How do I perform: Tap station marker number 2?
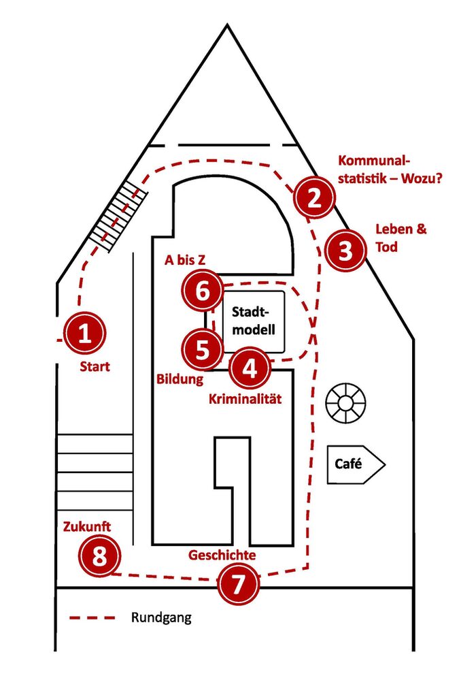(x=314, y=197)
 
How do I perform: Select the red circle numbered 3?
(x=345, y=250)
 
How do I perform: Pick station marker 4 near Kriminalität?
(x=250, y=368)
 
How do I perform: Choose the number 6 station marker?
(x=202, y=291)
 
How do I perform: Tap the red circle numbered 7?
(x=238, y=584)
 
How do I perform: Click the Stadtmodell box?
(x=253, y=321)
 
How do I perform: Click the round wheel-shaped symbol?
(x=345, y=403)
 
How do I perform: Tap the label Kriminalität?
(x=245, y=399)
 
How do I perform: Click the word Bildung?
(x=180, y=379)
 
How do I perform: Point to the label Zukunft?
(x=87, y=526)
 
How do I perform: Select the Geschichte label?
(x=222, y=555)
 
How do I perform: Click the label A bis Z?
(x=185, y=259)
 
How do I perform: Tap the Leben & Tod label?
(x=401, y=238)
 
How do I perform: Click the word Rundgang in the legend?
(x=161, y=617)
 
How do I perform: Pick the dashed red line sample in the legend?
(x=92, y=618)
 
